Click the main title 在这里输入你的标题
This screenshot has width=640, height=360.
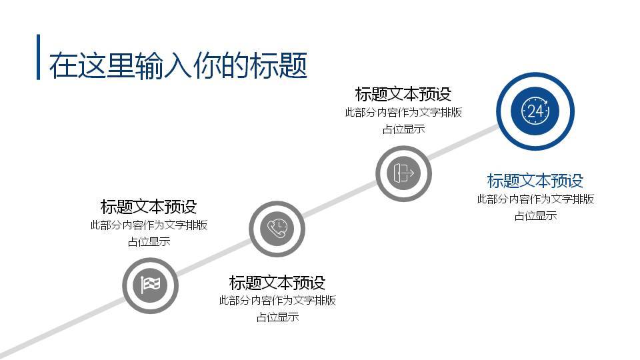pos(178,65)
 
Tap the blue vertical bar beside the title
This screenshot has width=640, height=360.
pos(38,57)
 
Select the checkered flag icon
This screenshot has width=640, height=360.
pos(150,285)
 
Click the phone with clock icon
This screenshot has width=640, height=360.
pos(277,229)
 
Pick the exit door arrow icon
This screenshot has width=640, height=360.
pos(403,173)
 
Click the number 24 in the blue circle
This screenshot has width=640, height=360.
pos(535,111)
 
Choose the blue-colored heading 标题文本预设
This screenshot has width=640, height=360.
pos(535,181)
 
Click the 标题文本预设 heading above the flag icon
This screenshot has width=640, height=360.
pos(149,207)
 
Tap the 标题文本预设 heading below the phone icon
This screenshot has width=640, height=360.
pos(277,282)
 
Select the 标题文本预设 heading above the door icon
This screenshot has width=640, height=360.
pos(403,94)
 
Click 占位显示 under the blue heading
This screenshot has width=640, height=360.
pos(535,216)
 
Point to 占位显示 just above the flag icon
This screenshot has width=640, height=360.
pos(149,242)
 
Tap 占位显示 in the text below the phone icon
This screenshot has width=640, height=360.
pos(277,317)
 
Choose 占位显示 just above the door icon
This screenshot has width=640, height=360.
pos(403,129)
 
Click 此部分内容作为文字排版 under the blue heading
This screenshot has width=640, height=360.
pos(535,199)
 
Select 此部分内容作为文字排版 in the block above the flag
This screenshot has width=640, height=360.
pos(149,225)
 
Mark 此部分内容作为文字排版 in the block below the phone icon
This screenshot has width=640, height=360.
pos(277,301)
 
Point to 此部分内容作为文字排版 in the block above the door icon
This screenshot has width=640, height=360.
pos(403,113)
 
